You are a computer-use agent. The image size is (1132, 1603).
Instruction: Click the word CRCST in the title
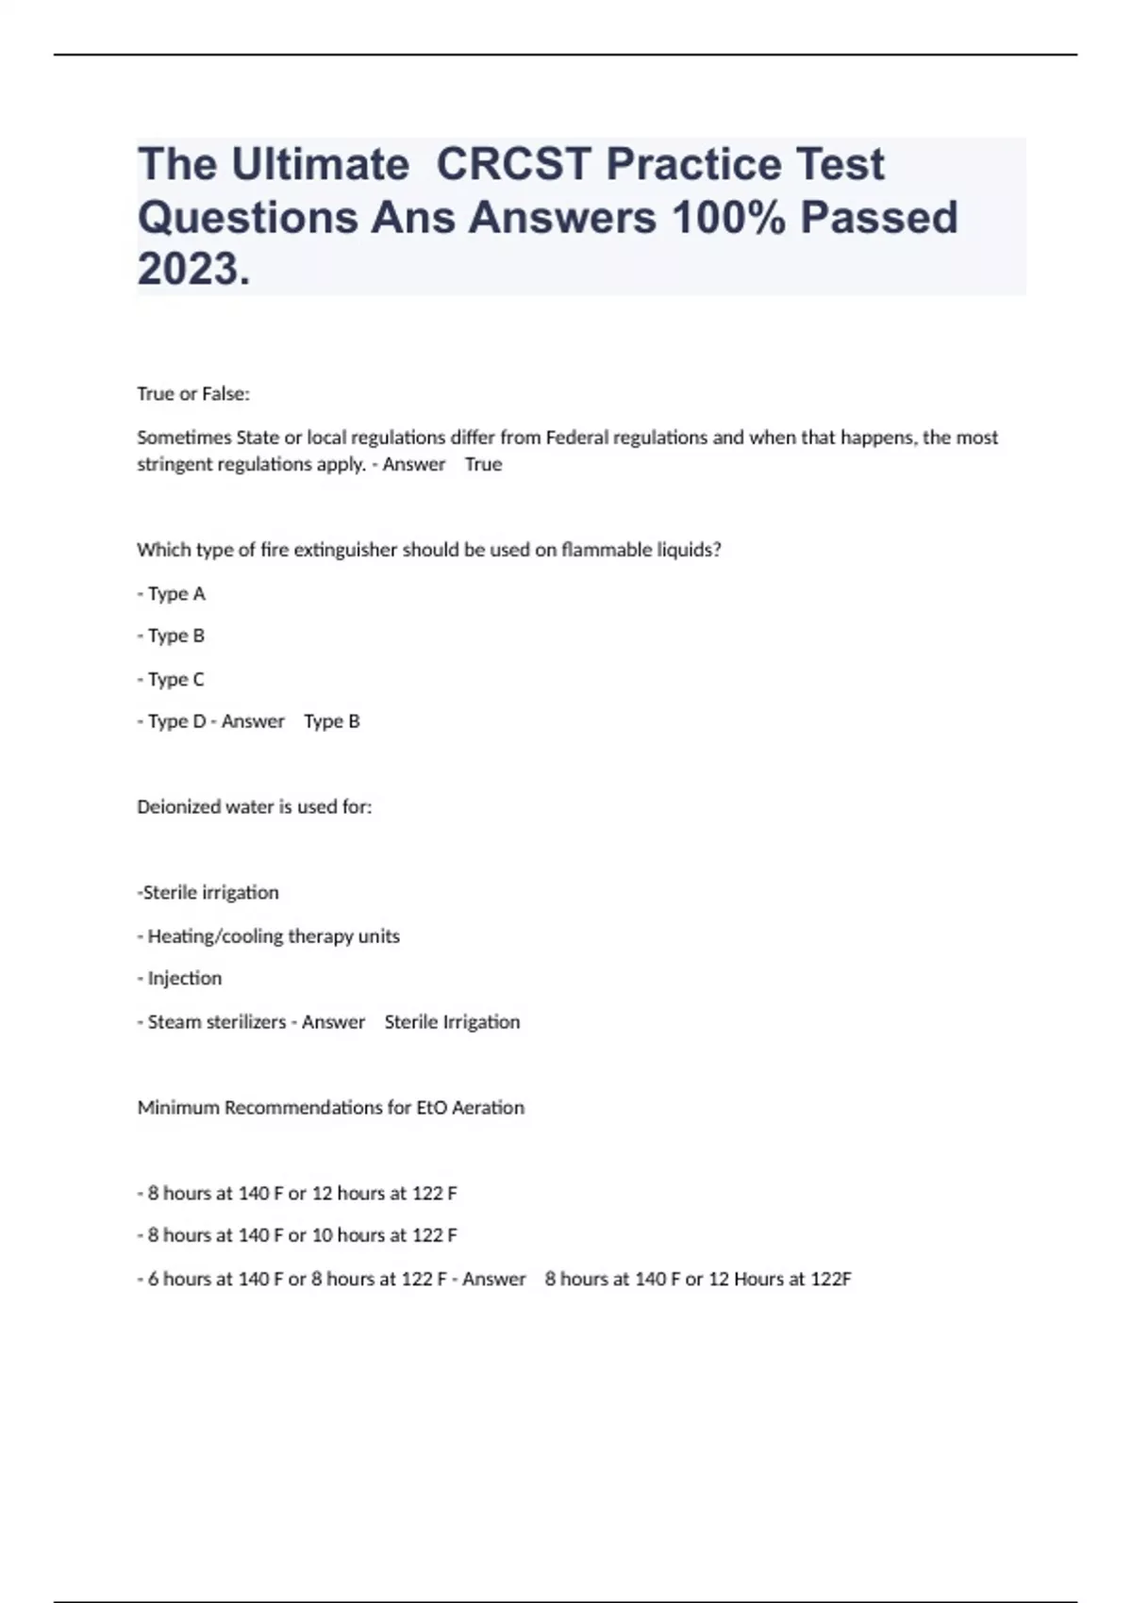pyautogui.click(x=514, y=164)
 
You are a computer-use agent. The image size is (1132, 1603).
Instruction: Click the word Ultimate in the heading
pyautogui.click(x=320, y=164)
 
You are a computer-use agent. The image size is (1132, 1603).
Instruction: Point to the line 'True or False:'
pyautogui.click(x=193, y=394)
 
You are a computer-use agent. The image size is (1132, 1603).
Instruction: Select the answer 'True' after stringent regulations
pyautogui.click(x=483, y=464)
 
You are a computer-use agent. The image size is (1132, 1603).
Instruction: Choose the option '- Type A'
pyautogui.click(x=172, y=594)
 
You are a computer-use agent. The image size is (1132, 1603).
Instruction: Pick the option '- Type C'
pyautogui.click(x=172, y=679)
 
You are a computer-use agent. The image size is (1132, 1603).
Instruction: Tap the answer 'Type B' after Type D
pyautogui.click(x=332, y=721)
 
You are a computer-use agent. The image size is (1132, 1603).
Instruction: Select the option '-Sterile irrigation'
pyautogui.click(x=208, y=892)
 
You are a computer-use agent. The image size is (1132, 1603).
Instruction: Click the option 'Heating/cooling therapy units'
pyautogui.click(x=273, y=936)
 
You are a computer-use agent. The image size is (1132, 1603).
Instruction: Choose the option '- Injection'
pyautogui.click(x=180, y=978)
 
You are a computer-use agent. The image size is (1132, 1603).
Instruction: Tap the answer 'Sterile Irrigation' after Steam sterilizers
pyautogui.click(x=452, y=1022)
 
